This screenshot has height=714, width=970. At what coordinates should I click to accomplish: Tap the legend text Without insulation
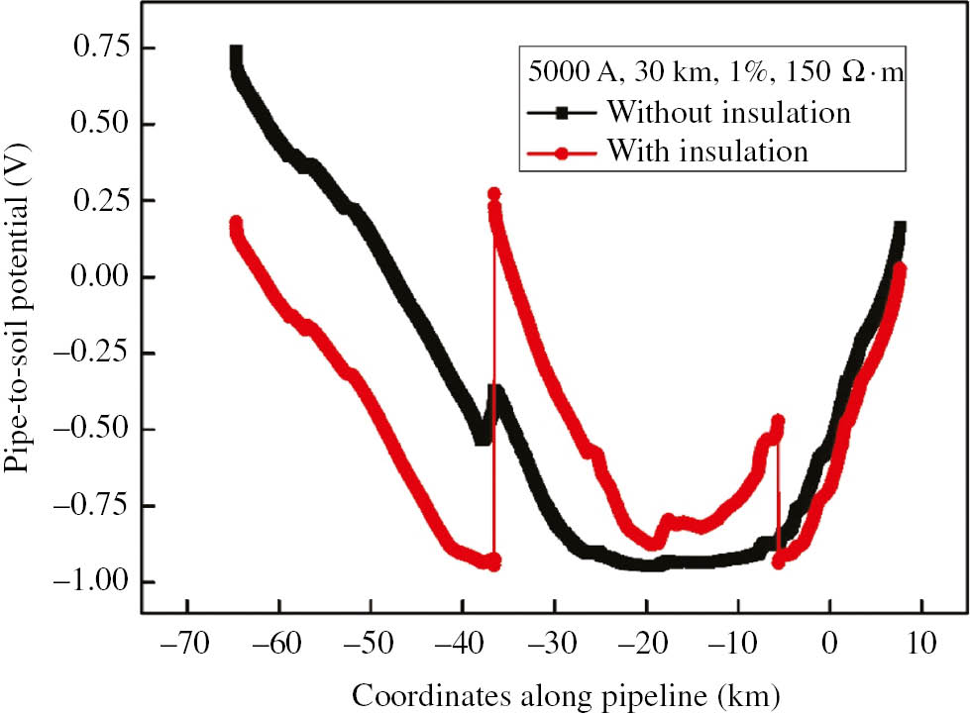tap(729, 112)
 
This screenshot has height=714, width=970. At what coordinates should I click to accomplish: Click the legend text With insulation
tap(708, 152)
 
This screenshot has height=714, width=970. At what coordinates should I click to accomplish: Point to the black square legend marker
tap(561, 113)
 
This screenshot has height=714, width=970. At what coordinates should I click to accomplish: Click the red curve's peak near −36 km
tap(493, 194)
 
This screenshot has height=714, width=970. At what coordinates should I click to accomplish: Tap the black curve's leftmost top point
tap(236, 52)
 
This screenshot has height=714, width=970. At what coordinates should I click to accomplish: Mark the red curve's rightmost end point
tap(900, 268)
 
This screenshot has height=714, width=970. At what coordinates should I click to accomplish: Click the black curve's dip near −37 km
tap(483, 436)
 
